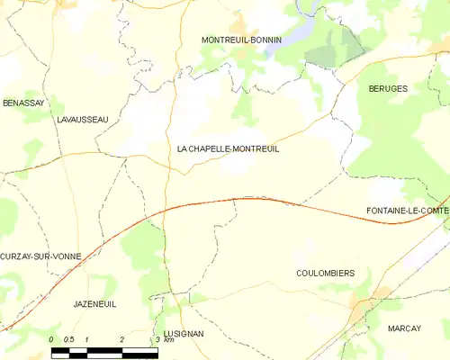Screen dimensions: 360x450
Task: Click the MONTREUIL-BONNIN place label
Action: click(241, 40)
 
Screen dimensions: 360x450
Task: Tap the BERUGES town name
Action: click(388, 89)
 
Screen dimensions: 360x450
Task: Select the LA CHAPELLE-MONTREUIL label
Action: click(228, 149)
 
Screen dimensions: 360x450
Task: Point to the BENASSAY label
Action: click(22, 103)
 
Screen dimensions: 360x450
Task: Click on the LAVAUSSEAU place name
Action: click(82, 120)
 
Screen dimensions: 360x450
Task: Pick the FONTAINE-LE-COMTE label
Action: click(408, 211)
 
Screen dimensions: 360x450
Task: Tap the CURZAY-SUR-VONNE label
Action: click(40, 256)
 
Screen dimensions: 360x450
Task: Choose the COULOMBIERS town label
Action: click(325, 273)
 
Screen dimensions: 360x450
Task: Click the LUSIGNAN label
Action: click(184, 333)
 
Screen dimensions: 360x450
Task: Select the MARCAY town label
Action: click(404, 328)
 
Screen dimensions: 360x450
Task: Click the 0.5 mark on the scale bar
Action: click(69, 339)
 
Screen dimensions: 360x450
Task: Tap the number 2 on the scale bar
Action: click(121, 339)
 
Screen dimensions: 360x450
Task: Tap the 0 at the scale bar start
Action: click(52, 339)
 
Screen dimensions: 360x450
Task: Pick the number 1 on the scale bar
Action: click(86, 339)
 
